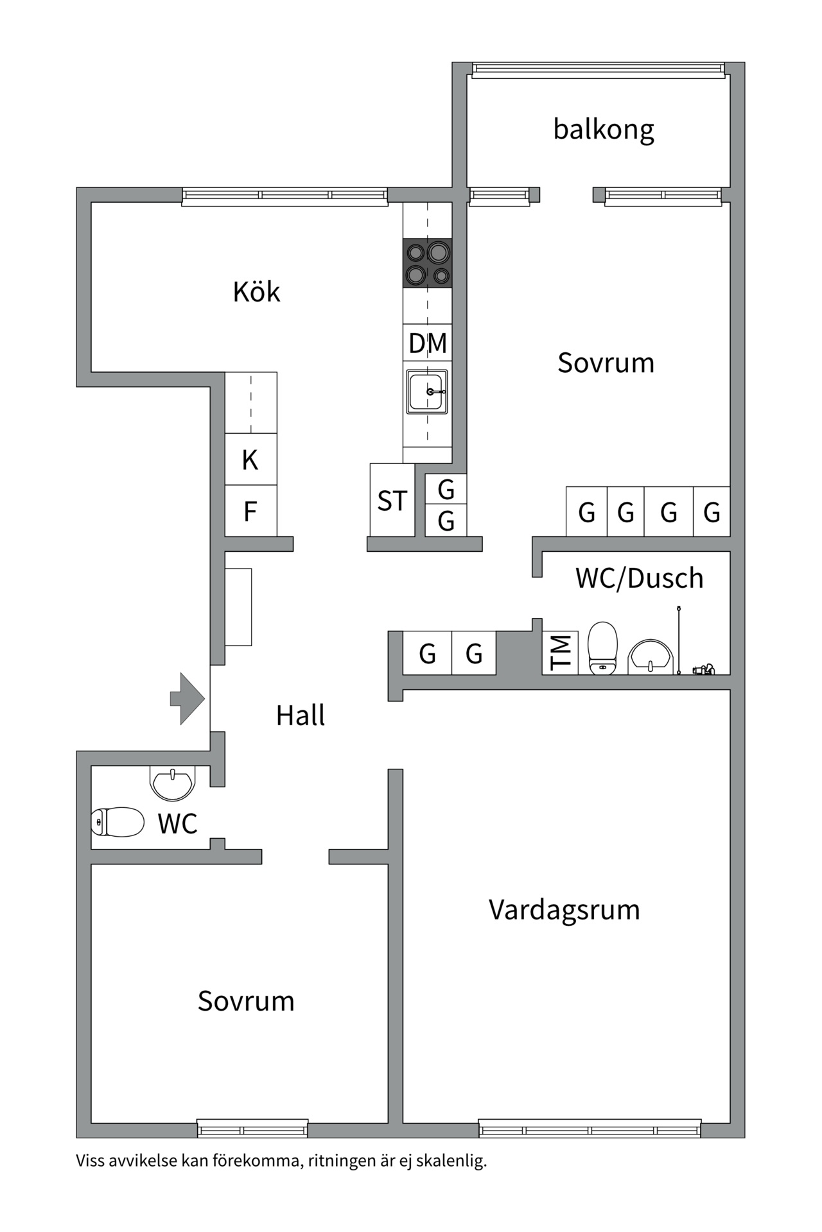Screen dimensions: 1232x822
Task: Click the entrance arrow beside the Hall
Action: (x=188, y=699)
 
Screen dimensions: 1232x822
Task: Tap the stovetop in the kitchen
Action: (x=427, y=262)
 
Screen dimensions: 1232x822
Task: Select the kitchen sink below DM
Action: (x=426, y=391)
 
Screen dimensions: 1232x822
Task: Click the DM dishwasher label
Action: (x=428, y=343)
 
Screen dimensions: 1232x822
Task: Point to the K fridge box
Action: (x=250, y=459)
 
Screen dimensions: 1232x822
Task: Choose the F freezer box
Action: (x=250, y=511)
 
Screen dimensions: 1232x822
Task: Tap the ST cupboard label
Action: (x=392, y=501)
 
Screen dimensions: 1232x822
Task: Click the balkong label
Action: (x=604, y=130)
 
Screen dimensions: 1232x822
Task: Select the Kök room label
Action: (x=256, y=292)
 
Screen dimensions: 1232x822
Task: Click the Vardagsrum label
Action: (x=564, y=910)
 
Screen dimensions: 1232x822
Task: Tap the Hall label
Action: (x=300, y=715)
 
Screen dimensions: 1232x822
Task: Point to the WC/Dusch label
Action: (x=639, y=578)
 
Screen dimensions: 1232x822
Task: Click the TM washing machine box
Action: (x=560, y=653)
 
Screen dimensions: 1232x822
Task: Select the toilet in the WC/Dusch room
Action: (x=602, y=648)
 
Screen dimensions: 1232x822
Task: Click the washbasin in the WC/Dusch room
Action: (x=651, y=656)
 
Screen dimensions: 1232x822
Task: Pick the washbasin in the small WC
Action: (x=172, y=782)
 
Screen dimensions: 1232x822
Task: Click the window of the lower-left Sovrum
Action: (x=252, y=1128)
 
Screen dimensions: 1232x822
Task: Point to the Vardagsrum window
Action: (x=590, y=1128)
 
